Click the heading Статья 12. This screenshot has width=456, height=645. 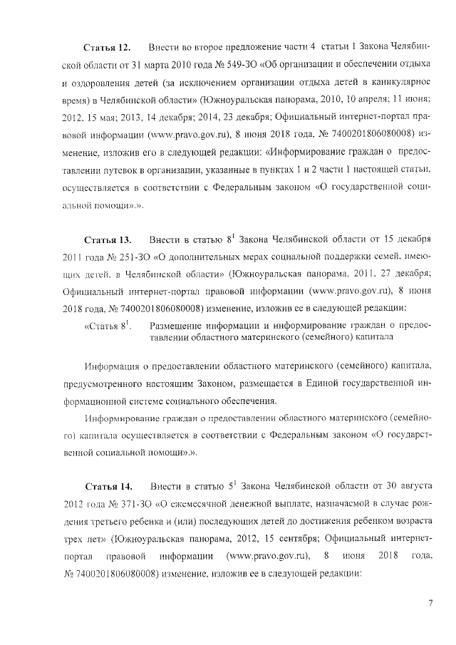(x=107, y=47)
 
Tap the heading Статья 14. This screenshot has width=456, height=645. (x=108, y=487)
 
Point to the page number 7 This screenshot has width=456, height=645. (x=430, y=604)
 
